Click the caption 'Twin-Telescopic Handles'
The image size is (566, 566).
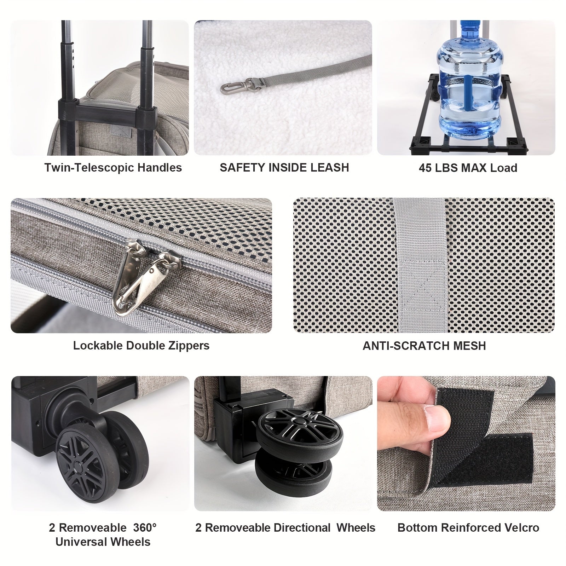pyautogui.click(x=113, y=167)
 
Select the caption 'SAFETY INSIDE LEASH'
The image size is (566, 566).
pyautogui.click(x=284, y=167)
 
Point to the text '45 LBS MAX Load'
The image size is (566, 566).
pyautogui.click(x=468, y=168)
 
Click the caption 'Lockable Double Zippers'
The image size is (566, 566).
pyautogui.click(x=141, y=345)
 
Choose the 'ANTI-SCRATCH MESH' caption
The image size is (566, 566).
pyautogui.click(x=424, y=345)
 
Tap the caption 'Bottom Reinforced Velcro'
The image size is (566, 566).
pyautogui.click(x=468, y=527)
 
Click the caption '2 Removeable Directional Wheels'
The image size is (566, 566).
pyautogui.click(x=285, y=527)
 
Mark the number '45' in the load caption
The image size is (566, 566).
pyautogui.click(x=426, y=168)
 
